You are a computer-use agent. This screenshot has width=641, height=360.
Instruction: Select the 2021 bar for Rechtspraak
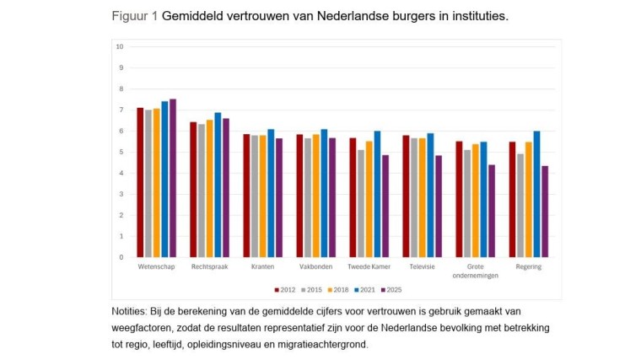218,185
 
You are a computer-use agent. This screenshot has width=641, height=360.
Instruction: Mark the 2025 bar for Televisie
439,207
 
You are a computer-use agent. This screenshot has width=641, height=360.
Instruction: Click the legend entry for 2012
284,289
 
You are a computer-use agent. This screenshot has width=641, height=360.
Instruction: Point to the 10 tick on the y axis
120,46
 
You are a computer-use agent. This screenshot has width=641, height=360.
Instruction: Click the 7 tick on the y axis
121,110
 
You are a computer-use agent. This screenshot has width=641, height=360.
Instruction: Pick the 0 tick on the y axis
121,257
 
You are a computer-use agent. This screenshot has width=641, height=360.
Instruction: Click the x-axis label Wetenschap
157,267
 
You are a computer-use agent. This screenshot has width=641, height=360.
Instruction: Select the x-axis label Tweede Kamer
369,267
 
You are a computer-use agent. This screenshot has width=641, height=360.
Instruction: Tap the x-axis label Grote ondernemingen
476,271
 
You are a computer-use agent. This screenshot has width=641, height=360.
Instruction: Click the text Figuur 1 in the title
133,16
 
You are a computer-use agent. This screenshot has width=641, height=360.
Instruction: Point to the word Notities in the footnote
132,312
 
